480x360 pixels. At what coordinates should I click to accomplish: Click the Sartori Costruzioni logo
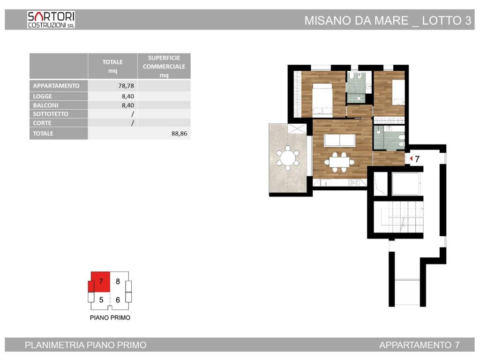tap(51, 20)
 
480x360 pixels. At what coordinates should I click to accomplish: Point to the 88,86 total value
tap(180, 133)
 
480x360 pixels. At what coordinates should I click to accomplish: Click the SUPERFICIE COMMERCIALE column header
tap(164, 66)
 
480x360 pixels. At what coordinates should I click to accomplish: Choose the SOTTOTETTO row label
tap(51, 114)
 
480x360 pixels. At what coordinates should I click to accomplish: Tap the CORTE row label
tap(43, 123)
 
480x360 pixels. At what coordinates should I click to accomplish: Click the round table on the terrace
tap(287, 158)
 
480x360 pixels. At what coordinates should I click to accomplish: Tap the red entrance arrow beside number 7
tap(411, 159)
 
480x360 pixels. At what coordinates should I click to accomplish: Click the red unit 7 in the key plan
tap(100, 282)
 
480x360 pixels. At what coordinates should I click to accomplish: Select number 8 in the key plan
tap(118, 282)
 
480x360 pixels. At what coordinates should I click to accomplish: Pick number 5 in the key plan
tap(101, 300)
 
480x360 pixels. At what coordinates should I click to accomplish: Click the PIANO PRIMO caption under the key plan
tap(110, 317)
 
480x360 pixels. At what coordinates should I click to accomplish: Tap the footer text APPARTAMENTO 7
tap(419, 345)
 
